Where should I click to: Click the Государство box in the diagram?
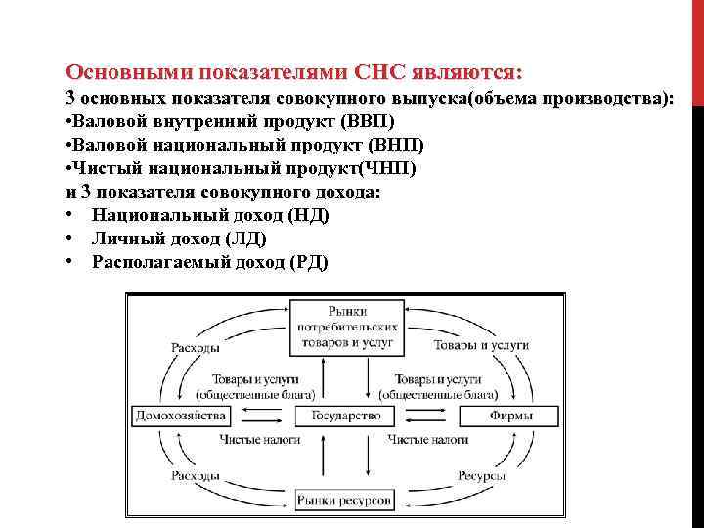pos(345,416)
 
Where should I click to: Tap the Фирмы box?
pos(510,416)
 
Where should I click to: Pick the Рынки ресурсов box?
pos(345,500)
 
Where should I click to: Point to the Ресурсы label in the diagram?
pos(481,475)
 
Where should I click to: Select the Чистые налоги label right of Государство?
pos(426,441)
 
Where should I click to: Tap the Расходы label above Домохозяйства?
pos(196,347)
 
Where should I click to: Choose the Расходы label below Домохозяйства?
pos(196,475)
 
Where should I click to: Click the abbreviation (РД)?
pos(309,262)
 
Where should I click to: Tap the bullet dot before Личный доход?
pos(72,239)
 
